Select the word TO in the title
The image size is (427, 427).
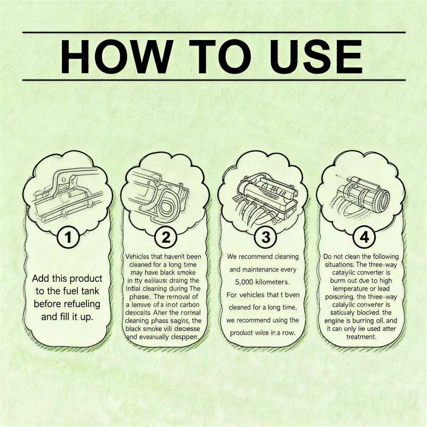coord(209,56)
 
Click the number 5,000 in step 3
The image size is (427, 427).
coord(244,281)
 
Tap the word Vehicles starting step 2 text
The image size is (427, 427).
coord(141,255)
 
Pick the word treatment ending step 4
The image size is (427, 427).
coord(361,337)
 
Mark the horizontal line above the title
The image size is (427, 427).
coord(213,32)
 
